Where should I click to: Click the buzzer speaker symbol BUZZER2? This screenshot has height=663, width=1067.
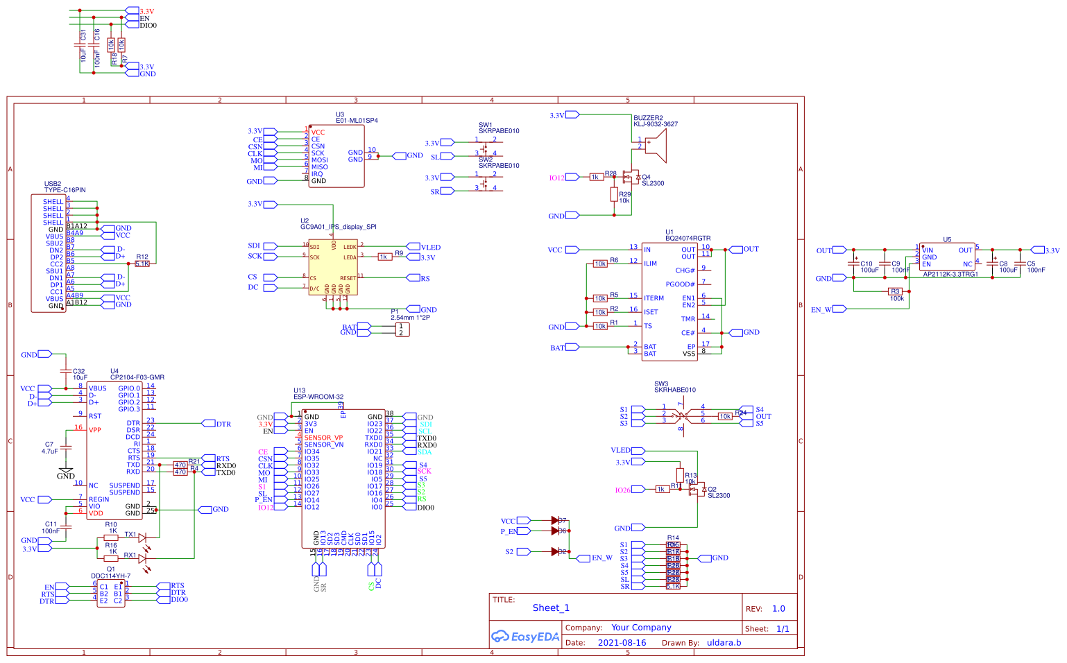coord(655,146)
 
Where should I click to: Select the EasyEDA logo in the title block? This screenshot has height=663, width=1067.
coord(524,637)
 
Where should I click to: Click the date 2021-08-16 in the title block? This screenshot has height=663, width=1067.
coord(622,643)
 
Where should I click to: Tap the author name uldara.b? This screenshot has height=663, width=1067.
coord(724,643)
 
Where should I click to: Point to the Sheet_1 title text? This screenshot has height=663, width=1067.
coord(551,608)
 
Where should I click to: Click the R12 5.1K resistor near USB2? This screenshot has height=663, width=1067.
coord(142,264)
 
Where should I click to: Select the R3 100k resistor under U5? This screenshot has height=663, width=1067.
coord(896,292)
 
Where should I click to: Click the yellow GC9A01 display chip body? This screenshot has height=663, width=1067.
coord(332,267)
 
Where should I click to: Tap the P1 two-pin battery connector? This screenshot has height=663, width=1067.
coord(402,329)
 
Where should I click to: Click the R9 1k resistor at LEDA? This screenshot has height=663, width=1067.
coord(384,257)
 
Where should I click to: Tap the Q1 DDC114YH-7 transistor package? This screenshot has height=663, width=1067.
coord(110,594)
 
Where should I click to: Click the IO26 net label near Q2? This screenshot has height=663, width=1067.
coord(622,490)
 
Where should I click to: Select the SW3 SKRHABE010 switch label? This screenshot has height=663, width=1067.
coord(674,387)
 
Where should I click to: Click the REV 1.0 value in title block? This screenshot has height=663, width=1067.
coord(778,609)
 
